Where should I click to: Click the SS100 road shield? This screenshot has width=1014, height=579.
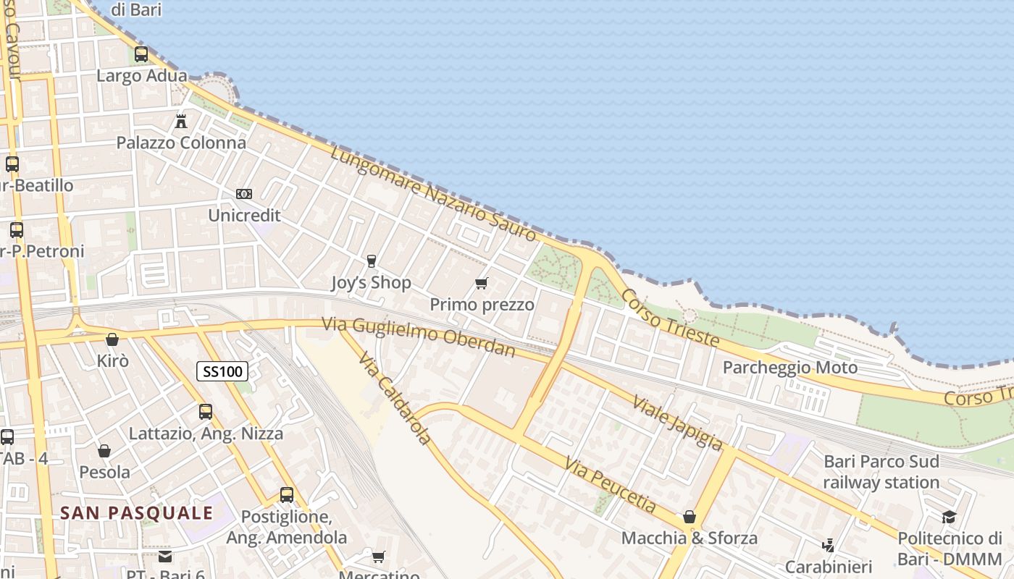pos(222,371)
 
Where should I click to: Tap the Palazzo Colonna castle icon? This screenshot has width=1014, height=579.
pos(181,121)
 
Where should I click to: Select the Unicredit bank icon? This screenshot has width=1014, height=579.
pos(244,194)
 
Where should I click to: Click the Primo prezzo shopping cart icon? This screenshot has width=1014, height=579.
pos(482,283)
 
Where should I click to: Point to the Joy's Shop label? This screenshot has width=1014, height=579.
pos(371,282)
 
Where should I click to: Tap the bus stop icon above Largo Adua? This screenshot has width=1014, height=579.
pos(141,54)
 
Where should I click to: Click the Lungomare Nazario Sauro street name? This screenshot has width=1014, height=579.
pos(433,193)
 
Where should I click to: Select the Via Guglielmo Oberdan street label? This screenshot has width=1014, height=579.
pos(419,337)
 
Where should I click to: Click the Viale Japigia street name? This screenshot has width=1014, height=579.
pos(677,422)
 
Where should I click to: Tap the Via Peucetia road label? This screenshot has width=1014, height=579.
pos(610,484)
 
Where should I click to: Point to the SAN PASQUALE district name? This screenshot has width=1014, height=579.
pos(136,513)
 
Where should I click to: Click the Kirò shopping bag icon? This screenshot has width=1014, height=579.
pos(112,339)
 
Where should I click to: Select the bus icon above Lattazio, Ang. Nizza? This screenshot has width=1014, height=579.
pos(206,412)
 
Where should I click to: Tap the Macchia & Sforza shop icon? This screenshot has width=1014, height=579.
pos(690,517)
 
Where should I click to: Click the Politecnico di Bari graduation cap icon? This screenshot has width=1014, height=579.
pos(949,517)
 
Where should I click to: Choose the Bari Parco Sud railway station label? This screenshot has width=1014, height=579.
pos(881,472)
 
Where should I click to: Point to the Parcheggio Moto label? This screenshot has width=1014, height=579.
pos(790,368)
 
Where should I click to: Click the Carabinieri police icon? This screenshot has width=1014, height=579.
pos(829,545)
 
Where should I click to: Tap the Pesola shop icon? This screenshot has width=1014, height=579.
pos(104,451)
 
